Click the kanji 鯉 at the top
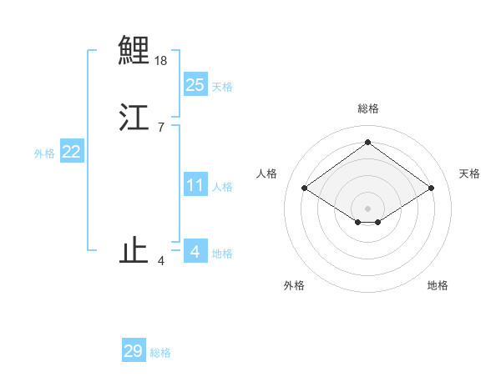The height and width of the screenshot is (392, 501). point(134,50)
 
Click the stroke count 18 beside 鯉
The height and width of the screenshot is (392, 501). point(161,61)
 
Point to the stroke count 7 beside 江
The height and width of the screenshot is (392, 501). point(161,128)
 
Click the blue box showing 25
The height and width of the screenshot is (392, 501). point(195,85)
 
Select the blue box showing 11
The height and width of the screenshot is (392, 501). point(195,185)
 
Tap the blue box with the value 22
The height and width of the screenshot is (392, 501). point(72,152)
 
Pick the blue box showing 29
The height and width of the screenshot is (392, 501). point(134,351)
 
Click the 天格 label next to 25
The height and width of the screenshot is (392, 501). point(222,87)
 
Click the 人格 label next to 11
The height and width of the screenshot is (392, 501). point(222,187)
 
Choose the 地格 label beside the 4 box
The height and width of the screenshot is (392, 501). point(222,254)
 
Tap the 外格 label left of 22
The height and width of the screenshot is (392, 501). point(44,153)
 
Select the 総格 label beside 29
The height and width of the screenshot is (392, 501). point(160,353)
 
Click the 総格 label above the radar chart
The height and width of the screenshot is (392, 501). point(367,108)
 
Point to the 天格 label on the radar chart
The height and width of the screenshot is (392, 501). point(469,173)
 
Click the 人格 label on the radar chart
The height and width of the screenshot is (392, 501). point(266,173)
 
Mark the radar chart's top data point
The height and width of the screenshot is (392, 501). point(367,142)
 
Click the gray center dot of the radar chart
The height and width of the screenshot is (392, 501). point(367,208)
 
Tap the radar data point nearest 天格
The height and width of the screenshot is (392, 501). point(431,188)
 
